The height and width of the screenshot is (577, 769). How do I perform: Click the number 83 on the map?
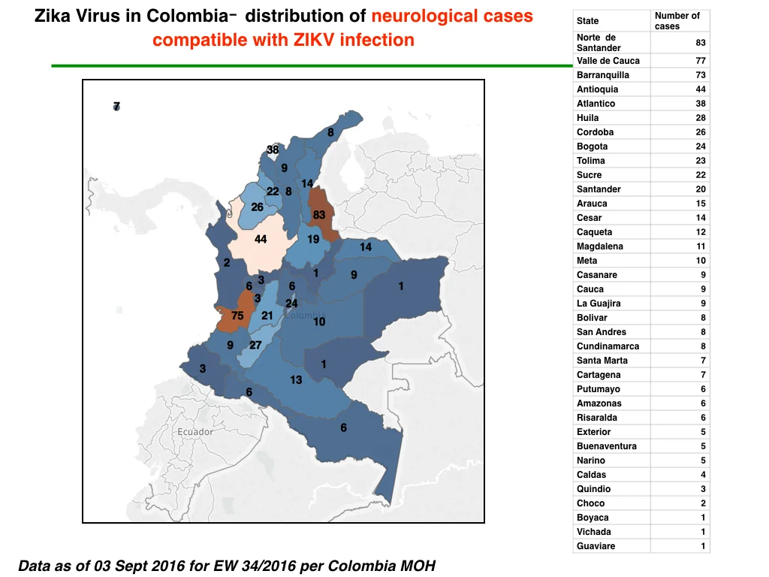pyautogui.click(x=318, y=215)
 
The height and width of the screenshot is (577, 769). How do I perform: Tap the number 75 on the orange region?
pyautogui.click(x=237, y=316)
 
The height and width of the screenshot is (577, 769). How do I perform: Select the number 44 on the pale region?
pyautogui.click(x=261, y=240)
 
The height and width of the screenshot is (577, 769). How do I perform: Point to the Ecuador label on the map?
pyautogui.click(x=195, y=432)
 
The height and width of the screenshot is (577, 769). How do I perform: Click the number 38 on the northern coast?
pyautogui.click(x=273, y=150)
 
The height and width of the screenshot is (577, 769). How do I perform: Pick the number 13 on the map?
pyautogui.click(x=296, y=379)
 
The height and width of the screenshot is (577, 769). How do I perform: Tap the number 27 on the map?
pyautogui.click(x=255, y=345)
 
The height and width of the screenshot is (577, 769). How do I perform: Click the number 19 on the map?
pyautogui.click(x=313, y=240)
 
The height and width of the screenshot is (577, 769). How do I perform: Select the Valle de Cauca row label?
pyautogui.click(x=608, y=61)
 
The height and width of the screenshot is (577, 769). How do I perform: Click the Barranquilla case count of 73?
pyautogui.click(x=701, y=75)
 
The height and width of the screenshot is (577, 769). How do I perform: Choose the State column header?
pyautogui.click(x=587, y=21)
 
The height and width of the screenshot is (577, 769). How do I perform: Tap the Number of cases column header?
pyautogui.click(x=677, y=21)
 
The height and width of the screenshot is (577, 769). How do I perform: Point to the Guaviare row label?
pyautogui.click(x=596, y=546)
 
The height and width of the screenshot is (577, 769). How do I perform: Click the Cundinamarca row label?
pyautogui.click(x=608, y=346)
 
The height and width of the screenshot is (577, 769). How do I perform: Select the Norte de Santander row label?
pyautogui.click(x=599, y=43)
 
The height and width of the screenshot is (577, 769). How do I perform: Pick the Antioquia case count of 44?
pyautogui.click(x=701, y=89)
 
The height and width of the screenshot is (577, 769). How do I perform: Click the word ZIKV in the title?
pyautogui.click(x=314, y=40)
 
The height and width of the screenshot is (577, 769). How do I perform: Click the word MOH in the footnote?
pyautogui.click(x=418, y=566)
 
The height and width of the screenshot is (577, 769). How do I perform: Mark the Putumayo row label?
pyautogui.click(x=599, y=389)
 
